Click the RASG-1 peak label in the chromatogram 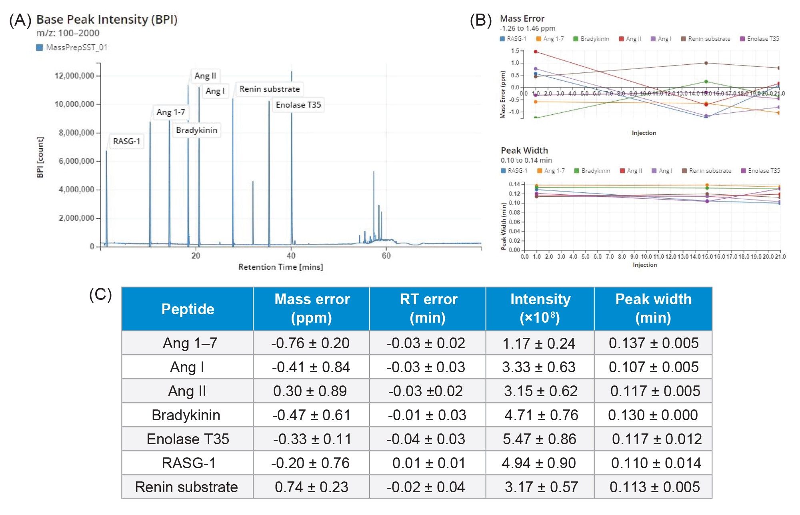pyautogui.click(x=126, y=141)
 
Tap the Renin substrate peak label pyautogui.click(x=269, y=89)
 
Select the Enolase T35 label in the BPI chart pyautogui.click(x=298, y=105)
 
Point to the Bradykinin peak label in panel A pyautogui.click(x=196, y=130)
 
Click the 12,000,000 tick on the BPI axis pyautogui.click(x=74, y=76)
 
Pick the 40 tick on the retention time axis pyautogui.click(x=291, y=256)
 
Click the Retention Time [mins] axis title pyautogui.click(x=280, y=267)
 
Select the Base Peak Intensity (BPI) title pyautogui.click(x=107, y=19)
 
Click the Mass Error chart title pyautogui.click(x=522, y=18)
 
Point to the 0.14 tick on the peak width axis pyautogui.click(x=514, y=184)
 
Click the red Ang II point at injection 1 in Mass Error pyautogui.click(x=536, y=52)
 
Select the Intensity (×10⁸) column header pyautogui.click(x=540, y=308)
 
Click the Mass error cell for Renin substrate pyautogui.click(x=311, y=487)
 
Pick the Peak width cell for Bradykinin pyautogui.click(x=653, y=415)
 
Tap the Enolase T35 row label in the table pyautogui.click(x=188, y=439)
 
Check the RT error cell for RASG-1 pyautogui.click(x=428, y=463)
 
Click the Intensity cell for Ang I pyautogui.click(x=539, y=367)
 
